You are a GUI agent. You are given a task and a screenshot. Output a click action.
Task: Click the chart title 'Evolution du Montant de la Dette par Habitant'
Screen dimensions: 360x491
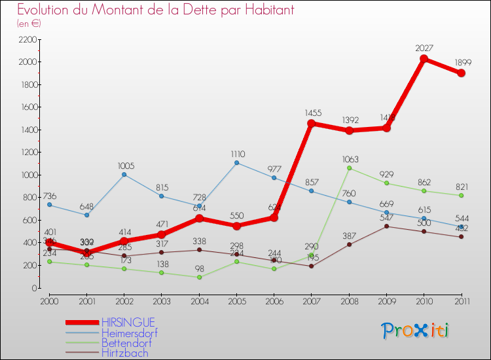155,10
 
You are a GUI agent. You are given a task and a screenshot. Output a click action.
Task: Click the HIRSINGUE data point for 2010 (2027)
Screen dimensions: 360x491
424,59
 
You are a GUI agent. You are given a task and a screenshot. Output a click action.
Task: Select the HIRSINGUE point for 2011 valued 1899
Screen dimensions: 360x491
462,73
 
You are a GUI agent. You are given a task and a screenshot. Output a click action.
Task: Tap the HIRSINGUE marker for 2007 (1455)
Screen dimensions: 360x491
312,123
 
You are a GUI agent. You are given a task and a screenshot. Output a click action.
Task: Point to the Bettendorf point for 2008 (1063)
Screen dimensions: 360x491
349,168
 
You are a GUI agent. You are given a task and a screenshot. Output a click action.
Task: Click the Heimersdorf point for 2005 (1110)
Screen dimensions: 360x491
236,162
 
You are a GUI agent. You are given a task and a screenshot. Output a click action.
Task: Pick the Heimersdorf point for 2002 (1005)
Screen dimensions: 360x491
124,174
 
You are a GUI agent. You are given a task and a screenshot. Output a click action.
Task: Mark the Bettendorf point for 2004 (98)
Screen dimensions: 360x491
199,277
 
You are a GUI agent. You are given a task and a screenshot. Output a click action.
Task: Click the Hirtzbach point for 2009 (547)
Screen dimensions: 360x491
386,226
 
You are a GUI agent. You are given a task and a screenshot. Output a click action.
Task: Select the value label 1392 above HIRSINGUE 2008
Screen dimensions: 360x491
349,120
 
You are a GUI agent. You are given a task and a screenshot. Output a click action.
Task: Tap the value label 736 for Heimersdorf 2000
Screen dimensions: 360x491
50,196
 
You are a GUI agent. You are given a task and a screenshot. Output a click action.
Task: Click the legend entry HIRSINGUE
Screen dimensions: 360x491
128,322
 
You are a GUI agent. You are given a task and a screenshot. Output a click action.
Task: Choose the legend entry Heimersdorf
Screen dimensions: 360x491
129,333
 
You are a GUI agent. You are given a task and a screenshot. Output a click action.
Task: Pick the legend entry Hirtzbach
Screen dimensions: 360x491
124,353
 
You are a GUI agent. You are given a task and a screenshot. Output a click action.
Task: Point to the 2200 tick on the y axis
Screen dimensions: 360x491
29,39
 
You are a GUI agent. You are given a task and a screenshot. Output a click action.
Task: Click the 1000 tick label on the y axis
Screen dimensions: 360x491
29,175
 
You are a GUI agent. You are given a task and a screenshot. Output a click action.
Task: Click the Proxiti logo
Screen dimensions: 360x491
416,331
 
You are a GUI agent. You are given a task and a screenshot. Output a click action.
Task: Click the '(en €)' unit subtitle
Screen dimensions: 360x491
29,24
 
